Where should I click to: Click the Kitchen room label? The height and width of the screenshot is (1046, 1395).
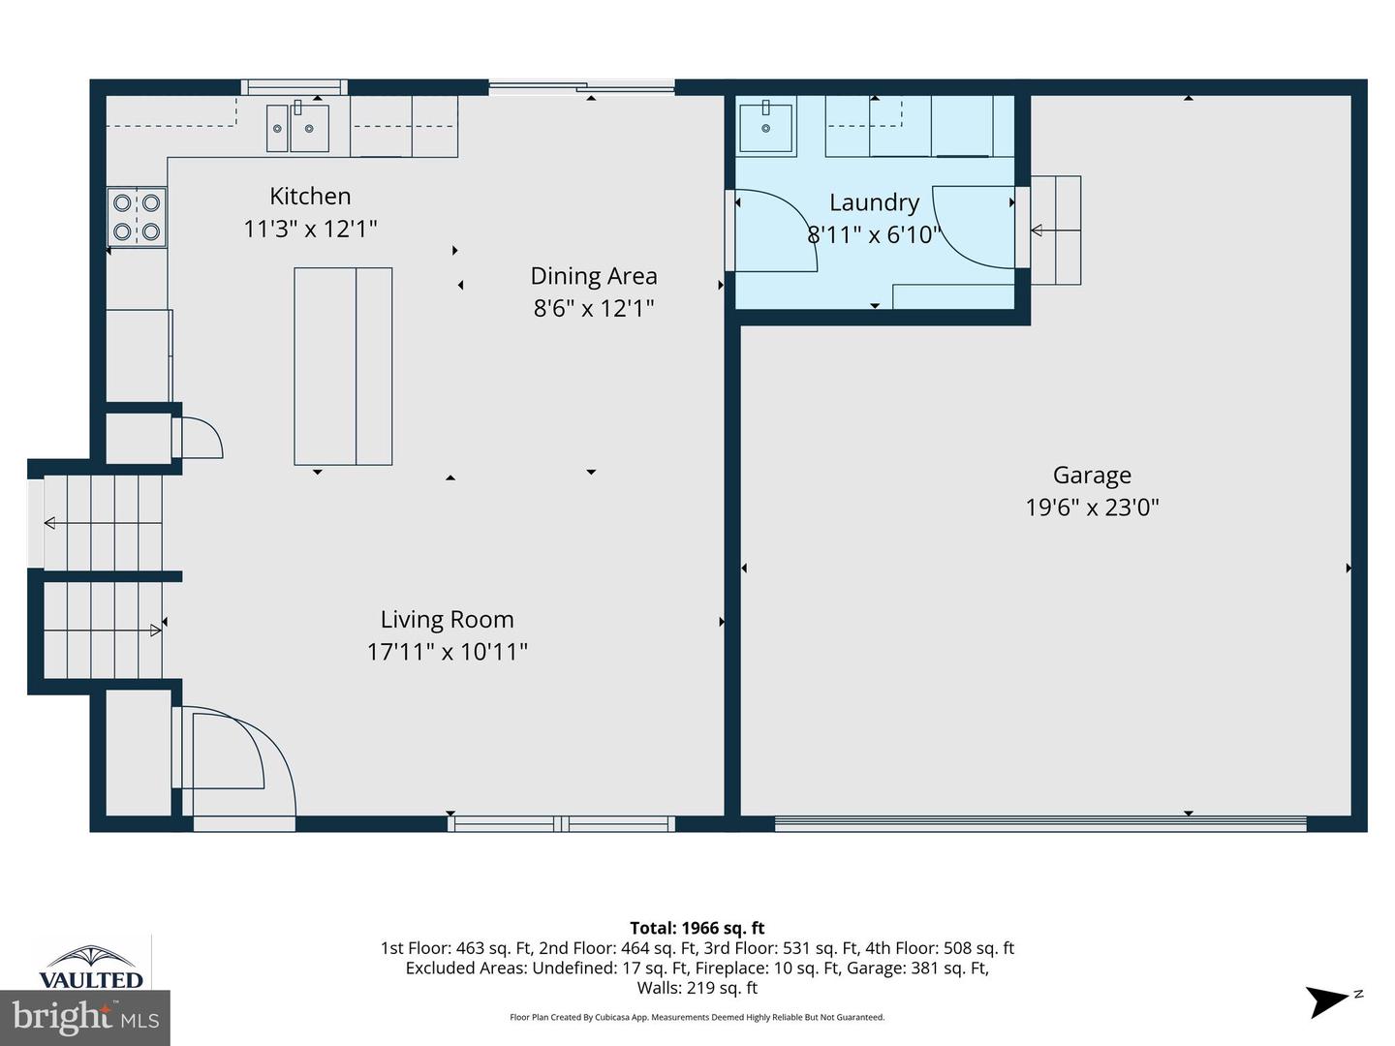tap(310, 197)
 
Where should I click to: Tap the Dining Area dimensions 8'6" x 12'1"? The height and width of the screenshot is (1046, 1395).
tap(594, 309)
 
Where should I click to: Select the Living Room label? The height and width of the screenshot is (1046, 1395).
tap(447, 620)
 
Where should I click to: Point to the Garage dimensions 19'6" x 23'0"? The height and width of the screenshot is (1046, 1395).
tap(1092, 508)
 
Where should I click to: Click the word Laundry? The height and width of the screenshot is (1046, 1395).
tap(874, 202)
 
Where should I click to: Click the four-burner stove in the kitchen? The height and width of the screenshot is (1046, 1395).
tap(137, 217)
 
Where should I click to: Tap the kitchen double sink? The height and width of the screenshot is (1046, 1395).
tap(297, 128)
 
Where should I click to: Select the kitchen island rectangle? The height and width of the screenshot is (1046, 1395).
tap(343, 366)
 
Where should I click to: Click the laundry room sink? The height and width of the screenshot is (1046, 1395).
tap(765, 127)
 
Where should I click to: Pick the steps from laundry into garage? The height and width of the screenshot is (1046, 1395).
tap(1055, 231)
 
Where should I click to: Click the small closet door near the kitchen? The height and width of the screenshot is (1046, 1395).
tap(199, 438)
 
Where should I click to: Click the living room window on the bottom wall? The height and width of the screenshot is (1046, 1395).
tap(561, 824)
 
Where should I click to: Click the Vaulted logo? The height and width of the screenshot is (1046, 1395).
tap(90, 967)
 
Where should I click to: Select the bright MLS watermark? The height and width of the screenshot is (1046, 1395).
tap(85, 1018)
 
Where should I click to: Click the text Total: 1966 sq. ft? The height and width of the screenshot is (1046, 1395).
tap(697, 928)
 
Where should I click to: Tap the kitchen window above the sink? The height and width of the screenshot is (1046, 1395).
tap(294, 88)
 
